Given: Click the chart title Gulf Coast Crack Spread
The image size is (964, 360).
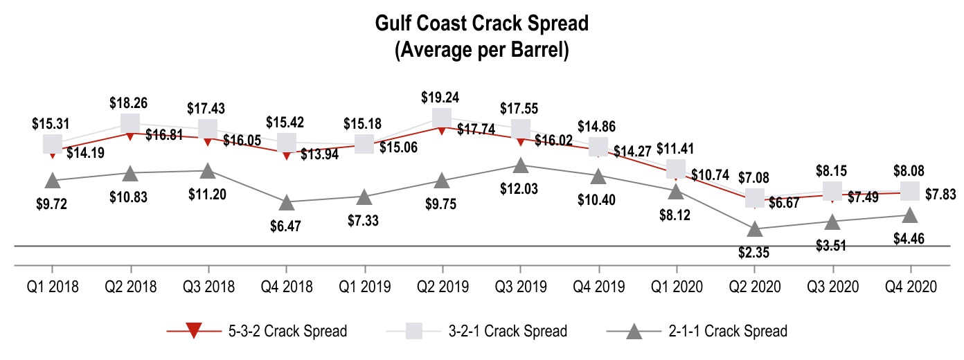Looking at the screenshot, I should pos(481,24).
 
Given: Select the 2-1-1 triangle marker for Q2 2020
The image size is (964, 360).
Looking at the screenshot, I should pos(755,228).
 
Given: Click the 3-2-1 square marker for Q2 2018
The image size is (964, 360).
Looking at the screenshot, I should pos(130,124).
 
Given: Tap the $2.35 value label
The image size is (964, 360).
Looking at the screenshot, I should pos(755,252).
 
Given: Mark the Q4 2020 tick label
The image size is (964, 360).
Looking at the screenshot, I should pos(910,286).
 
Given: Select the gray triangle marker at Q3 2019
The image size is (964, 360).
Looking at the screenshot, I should pos(520,165).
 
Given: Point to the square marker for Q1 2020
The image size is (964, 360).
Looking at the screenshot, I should pos(677,169).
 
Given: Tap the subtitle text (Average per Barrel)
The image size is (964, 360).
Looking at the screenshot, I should pos(481,51).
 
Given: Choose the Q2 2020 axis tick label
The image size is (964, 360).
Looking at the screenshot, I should pos(755,286).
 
